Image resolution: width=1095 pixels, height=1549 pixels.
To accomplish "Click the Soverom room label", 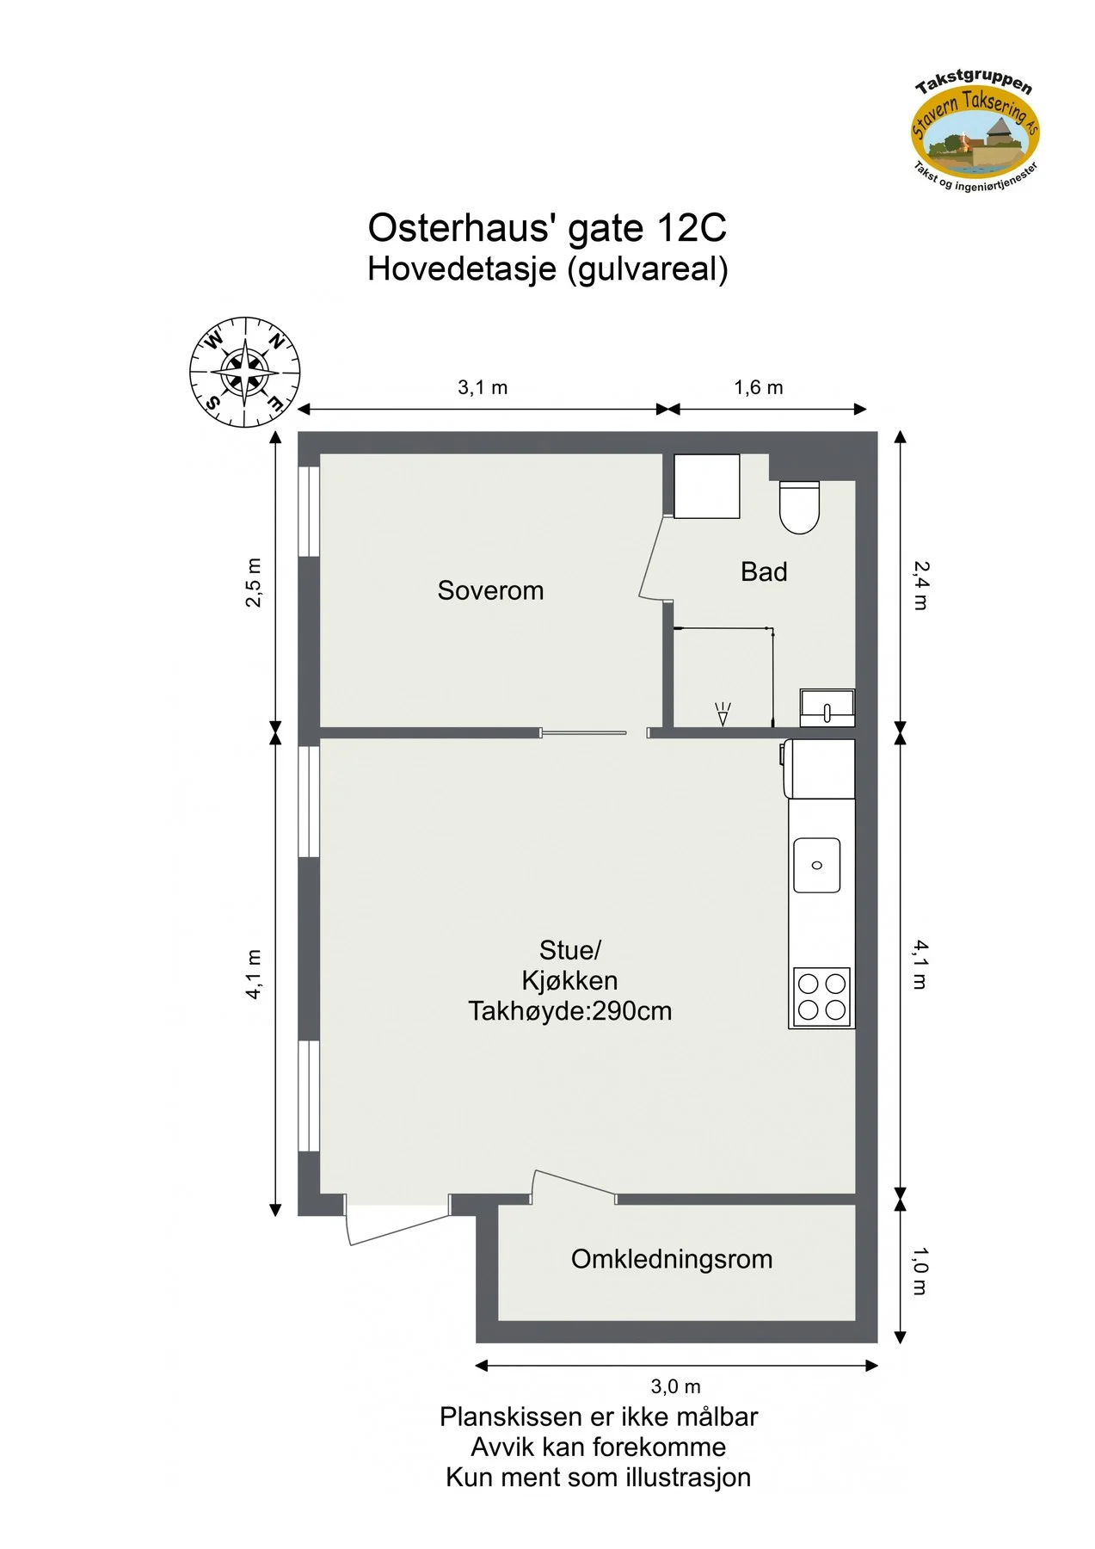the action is pyautogui.click(x=490, y=590).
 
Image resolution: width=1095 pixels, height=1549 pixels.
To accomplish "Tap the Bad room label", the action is pyautogui.click(x=764, y=571).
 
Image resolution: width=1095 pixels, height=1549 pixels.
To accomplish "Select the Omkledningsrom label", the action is pyautogui.click(x=672, y=1259).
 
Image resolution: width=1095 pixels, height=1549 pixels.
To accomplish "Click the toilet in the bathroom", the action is pyautogui.click(x=799, y=507).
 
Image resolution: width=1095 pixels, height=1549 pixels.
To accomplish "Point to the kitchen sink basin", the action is pyautogui.click(x=816, y=865).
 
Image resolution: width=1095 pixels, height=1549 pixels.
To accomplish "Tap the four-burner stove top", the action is pyautogui.click(x=821, y=997).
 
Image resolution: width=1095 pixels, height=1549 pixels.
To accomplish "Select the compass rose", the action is pyautogui.click(x=245, y=372).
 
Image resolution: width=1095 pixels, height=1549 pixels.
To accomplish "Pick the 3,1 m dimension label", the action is pyautogui.click(x=483, y=387).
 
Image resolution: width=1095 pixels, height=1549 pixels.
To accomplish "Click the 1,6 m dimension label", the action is pyautogui.click(x=759, y=387).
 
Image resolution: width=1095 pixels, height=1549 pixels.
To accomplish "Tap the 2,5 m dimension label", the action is pyautogui.click(x=254, y=583).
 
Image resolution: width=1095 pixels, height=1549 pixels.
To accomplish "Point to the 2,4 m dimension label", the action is pyautogui.click(x=920, y=585).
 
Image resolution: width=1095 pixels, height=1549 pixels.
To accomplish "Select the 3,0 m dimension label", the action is pyautogui.click(x=675, y=1386).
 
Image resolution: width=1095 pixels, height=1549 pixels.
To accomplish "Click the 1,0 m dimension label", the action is pyautogui.click(x=920, y=1271).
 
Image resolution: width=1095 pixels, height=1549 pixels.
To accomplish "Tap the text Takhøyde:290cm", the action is pyautogui.click(x=569, y=1010).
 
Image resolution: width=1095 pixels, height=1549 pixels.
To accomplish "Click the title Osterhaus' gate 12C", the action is pyautogui.click(x=547, y=228).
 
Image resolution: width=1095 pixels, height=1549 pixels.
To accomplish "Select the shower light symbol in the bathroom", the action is pyautogui.click(x=723, y=713).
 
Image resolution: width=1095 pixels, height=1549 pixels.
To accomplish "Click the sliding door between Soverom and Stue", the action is pyautogui.click(x=584, y=733).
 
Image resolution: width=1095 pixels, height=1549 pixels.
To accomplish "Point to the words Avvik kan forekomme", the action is pyautogui.click(x=598, y=1447).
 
